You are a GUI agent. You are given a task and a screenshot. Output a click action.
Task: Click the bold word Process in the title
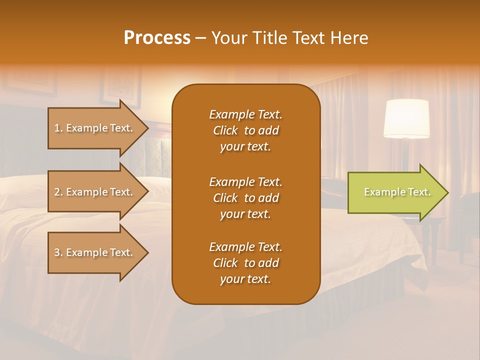tap(157, 38)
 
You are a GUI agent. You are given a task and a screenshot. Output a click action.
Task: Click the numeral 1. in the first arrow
tap(58, 128)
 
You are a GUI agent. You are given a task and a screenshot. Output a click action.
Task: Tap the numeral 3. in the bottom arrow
tap(58, 252)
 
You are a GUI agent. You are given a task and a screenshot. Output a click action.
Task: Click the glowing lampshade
tap(406, 118)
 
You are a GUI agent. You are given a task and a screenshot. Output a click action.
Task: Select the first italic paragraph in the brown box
tap(245, 130)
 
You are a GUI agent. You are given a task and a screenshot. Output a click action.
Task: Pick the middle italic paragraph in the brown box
tap(245, 198)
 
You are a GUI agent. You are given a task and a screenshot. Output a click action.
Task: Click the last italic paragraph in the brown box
tap(245, 263)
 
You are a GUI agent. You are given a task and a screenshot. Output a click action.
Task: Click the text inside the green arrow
tap(397, 192)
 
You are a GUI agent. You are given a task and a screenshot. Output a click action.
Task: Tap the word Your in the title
tap(228, 38)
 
